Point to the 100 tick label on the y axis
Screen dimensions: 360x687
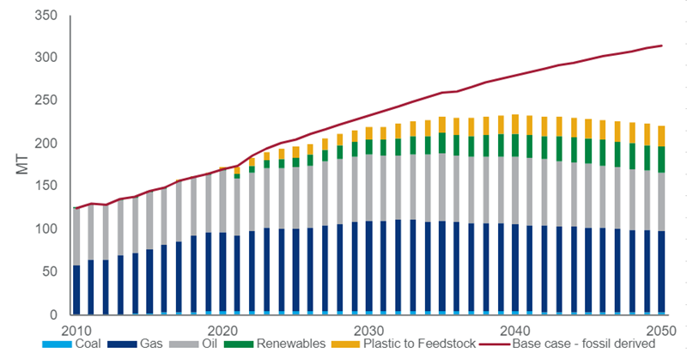coord(47,229)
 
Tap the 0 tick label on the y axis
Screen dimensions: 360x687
coord(53,315)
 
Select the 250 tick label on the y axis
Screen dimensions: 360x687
coord(47,101)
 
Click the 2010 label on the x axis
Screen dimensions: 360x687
coord(76,331)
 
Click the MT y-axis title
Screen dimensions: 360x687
coord(23,165)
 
